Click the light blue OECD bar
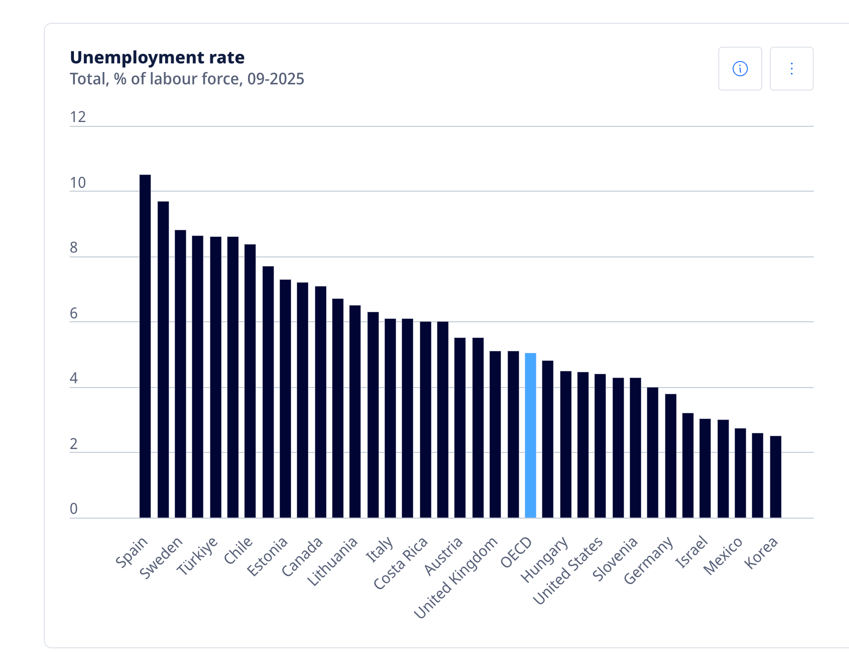[530, 435]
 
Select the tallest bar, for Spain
[145, 346]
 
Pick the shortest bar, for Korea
[776, 477]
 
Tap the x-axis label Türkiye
[197, 555]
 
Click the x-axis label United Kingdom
[456, 577]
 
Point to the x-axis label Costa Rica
[401, 563]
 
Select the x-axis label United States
[568, 570]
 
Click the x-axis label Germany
[648, 560]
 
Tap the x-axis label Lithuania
[332, 561]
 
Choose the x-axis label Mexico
[723, 555]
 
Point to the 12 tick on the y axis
[78, 117]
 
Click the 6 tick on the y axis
[73, 313]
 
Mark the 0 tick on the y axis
[73, 509]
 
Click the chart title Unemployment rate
[157, 57]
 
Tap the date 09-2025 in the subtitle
[275, 79]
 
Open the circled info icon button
[740, 69]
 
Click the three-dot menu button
[791, 69]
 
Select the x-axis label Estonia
[267, 556]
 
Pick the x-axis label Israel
[691, 552]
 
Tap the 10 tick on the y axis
[78, 183]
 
